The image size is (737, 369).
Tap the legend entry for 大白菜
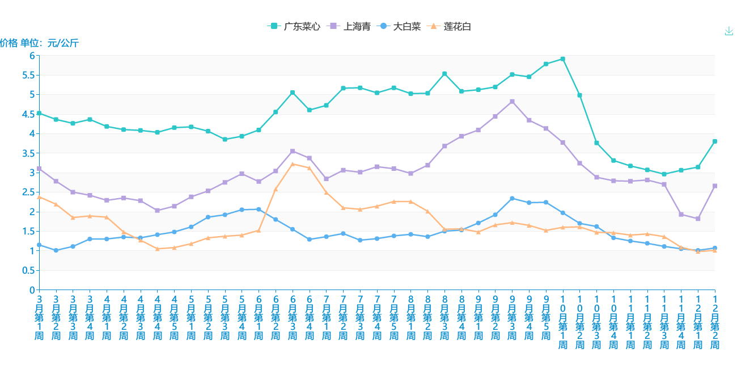399,27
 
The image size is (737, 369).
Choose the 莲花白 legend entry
450,27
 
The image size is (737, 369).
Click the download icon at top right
729,31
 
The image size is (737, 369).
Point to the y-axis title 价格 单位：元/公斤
39,43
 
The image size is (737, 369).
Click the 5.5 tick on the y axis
28,75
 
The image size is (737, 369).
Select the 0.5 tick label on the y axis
28,270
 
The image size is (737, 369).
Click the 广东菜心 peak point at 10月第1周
562,59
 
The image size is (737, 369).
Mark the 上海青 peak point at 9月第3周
512,102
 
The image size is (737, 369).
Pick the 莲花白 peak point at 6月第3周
293,164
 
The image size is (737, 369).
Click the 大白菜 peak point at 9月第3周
512,198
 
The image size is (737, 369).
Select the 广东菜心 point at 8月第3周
444,74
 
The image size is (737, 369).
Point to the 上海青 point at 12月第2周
715,186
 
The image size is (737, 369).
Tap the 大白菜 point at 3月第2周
56,250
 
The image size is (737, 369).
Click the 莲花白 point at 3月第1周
39,197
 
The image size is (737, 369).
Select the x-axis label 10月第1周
562,322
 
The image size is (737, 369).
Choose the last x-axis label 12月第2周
715,322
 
